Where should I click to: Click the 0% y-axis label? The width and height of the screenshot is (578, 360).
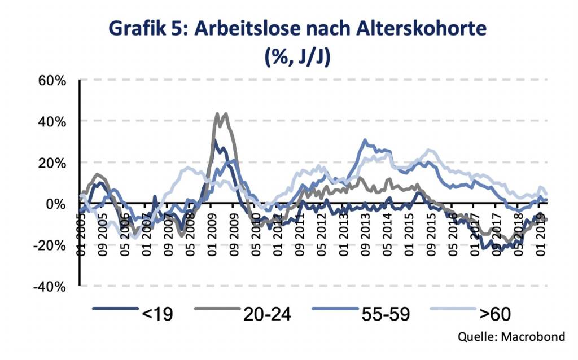click(x=57, y=204)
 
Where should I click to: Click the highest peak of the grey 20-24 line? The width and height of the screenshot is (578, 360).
click(x=218, y=114)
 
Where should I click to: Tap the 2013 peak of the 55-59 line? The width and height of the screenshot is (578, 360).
click(x=365, y=141)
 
